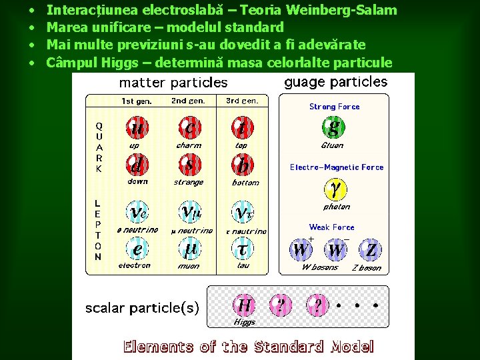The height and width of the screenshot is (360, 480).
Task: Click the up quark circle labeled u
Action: pyautogui.click(x=137, y=127)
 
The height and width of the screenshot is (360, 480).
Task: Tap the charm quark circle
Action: pyautogui.click(x=189, y=127)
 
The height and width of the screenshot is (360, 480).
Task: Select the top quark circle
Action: pyautogui.click(x=241, y=127)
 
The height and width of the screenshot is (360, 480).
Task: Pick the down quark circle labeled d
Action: pyautogui.click(x=137, y=164)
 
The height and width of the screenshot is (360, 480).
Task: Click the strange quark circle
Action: pyautogui.click(x=189, y=164)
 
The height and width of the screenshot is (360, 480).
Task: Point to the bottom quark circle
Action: pyautogui.click(x=241, y=164)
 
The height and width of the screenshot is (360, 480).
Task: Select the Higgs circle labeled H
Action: pyautogui.click(x=245, y=305)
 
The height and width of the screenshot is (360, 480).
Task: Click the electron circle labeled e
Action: pyautogui.click(x=137, y=249)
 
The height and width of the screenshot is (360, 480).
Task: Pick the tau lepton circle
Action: pyautogui.click(x=241, y=249)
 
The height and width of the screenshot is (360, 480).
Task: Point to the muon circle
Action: pyautogui.click(x=189, y=249)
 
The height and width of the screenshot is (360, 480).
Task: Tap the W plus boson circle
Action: pyautogui.click(x=301, y=250)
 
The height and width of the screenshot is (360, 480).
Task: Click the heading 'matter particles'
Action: pyautogui.click(x=173, y=83)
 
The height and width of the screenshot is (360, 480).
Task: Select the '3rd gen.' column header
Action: pyautogui.click(x=242, y=101)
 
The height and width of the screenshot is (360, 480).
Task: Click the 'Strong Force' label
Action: pyautogui.click(x=334, y=107)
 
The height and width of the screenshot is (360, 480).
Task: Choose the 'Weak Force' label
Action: pyautogui.click(x=331, y=227)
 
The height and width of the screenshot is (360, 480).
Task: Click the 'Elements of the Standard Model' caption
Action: pyautogui.click(x=248, y=347)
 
